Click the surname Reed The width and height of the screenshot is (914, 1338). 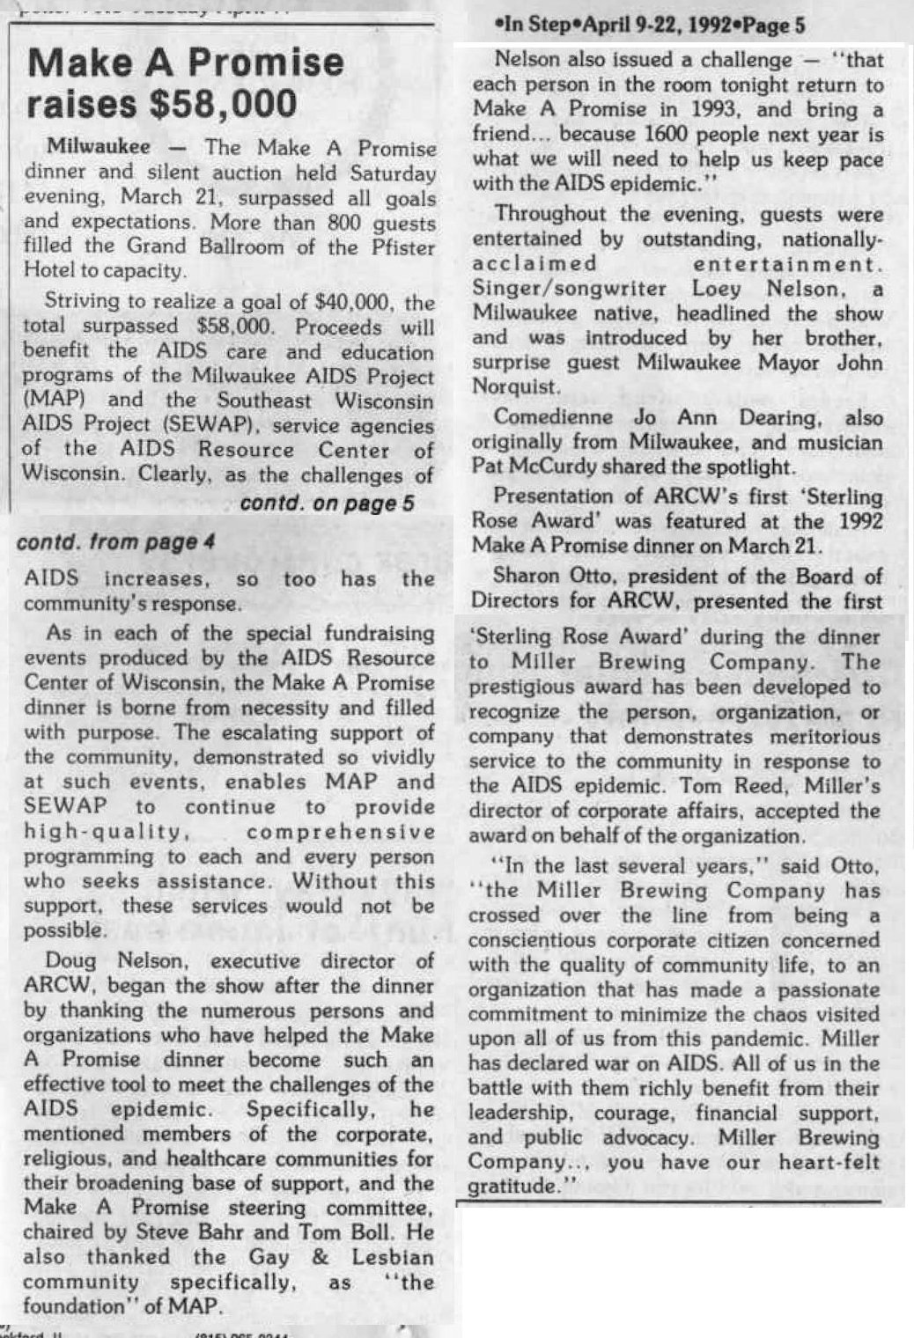pos(734,786)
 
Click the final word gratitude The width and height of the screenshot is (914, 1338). pos(513,1187)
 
